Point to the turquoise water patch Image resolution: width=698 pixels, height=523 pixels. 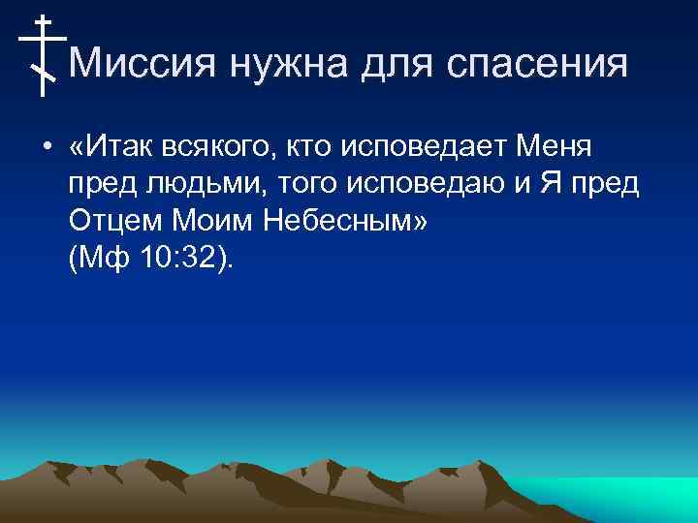click(x=620, y=497)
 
